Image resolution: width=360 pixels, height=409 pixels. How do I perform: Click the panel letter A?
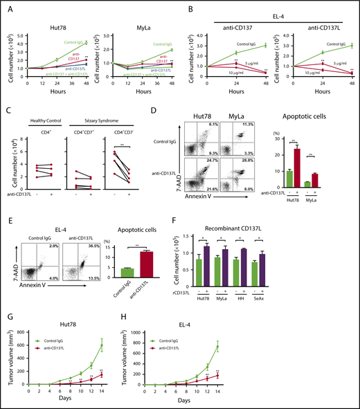[x=6, y=7]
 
